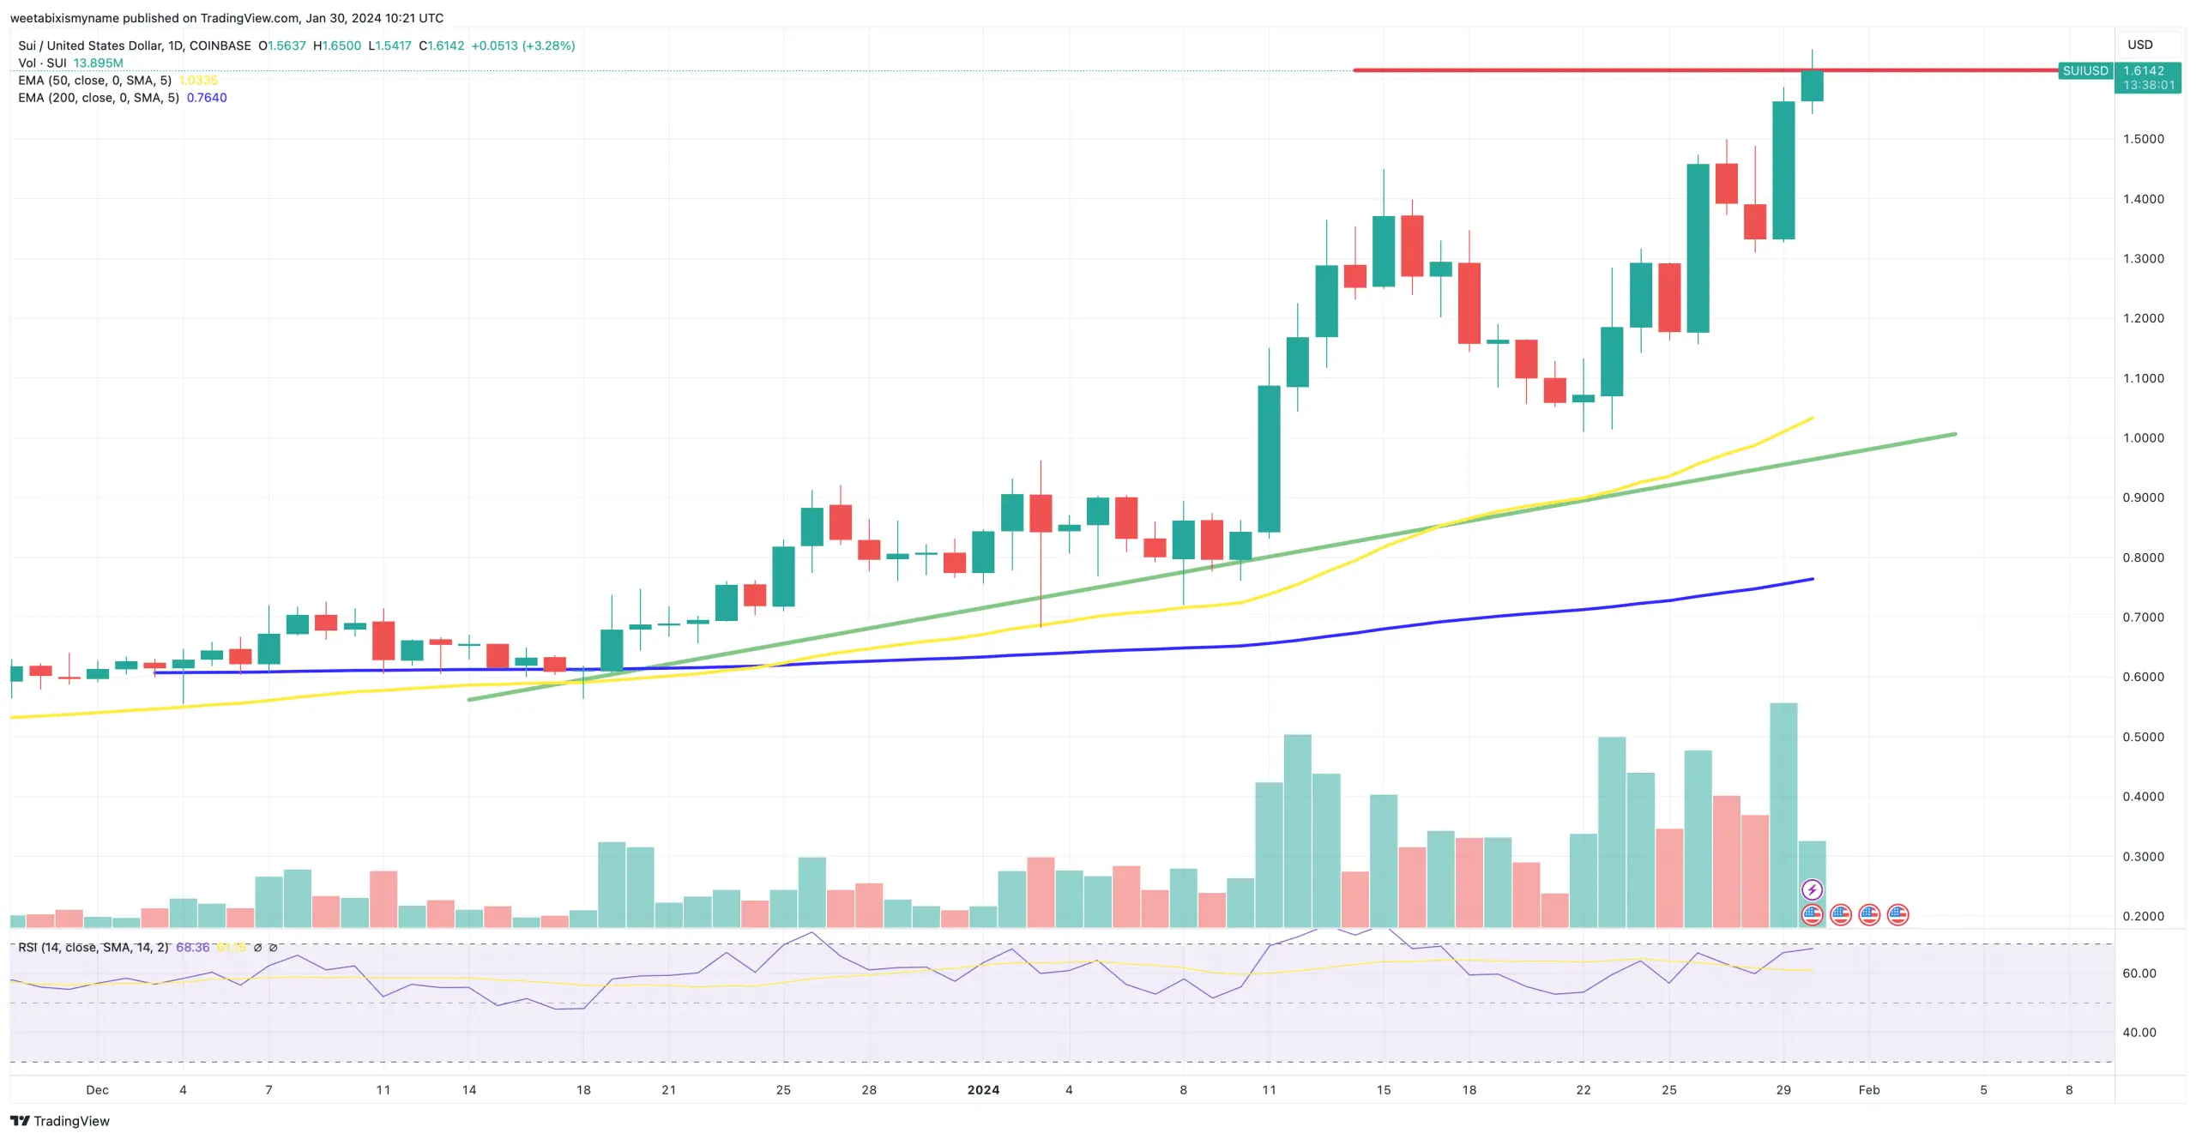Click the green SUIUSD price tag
2084,70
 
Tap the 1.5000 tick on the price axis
2143,139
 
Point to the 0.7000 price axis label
2143,618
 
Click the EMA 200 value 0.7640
207,98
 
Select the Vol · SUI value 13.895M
98,63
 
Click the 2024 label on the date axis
983,1090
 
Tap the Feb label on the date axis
1868,1090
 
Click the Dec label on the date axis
97,1090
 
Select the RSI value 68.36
192,948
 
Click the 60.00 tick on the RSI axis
2139,973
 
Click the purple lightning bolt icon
1812,889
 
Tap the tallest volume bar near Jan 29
1783,815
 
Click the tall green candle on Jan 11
1269,459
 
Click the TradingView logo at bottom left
60,1121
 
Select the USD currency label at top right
2139,45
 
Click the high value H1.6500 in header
337,45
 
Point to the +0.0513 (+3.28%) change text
522,45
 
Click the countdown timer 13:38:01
2148,85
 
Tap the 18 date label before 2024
583,1090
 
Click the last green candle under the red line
1812,86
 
